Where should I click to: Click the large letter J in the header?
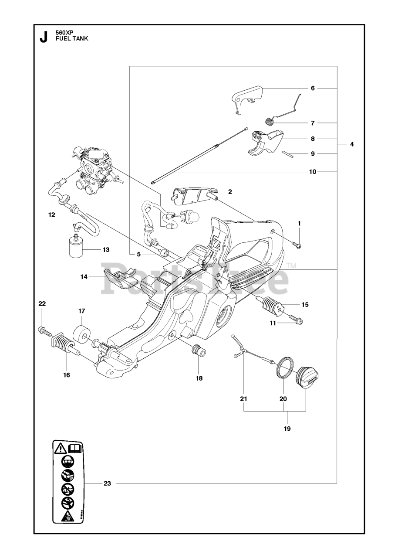pos(44,37)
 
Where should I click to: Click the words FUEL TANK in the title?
pos(72,38)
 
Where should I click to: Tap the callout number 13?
pos(105,250)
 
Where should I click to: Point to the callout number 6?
pos(313,88)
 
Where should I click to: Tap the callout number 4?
pos(351,143)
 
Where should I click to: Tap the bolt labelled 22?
pos(44,331)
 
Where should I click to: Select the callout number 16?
pos(67,374)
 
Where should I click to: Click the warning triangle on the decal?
pos(60,448)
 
